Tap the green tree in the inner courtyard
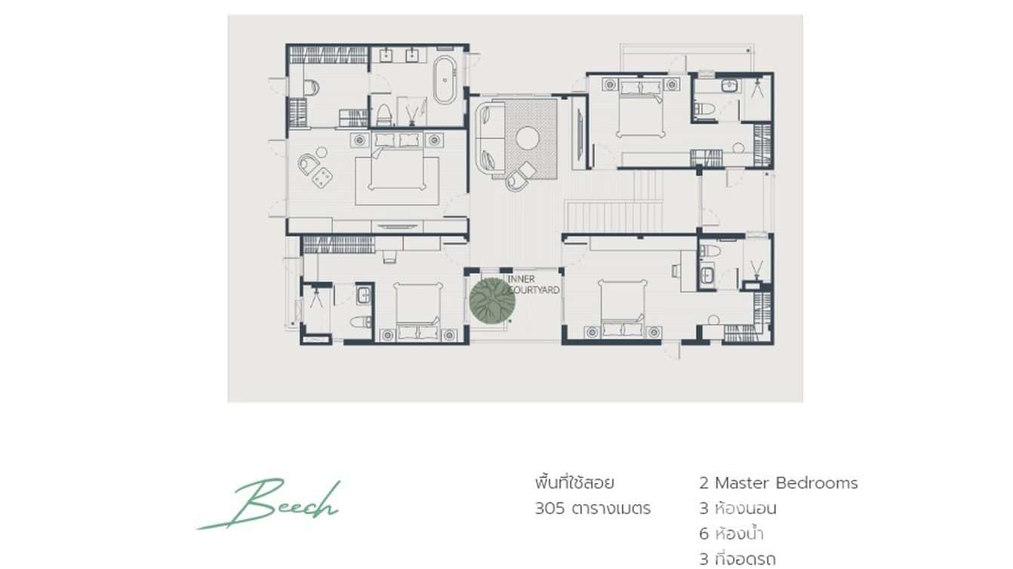492,300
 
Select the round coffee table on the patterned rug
527,138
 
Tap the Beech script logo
270,503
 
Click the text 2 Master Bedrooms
778,483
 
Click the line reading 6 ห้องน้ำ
731,534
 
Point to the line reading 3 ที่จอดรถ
737,559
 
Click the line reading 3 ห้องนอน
737,509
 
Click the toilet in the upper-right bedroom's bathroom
705,110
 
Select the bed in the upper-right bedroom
639,109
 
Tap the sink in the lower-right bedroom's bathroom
707,276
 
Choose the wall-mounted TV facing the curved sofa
578,136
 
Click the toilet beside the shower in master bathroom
384,113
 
